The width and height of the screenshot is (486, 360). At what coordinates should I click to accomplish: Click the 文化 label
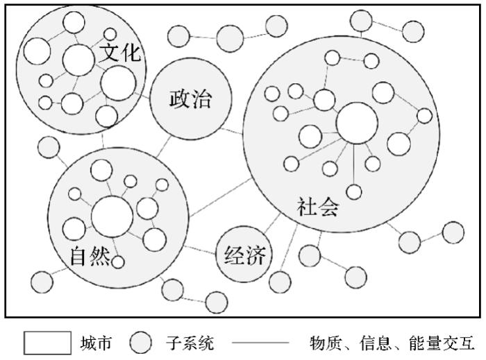click(121, 54)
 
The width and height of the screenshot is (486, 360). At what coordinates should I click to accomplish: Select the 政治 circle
click(190, 99)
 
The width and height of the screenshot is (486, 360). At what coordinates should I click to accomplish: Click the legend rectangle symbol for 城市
click(47, 343)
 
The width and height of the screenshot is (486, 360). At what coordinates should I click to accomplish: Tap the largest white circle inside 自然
click(112, 216)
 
